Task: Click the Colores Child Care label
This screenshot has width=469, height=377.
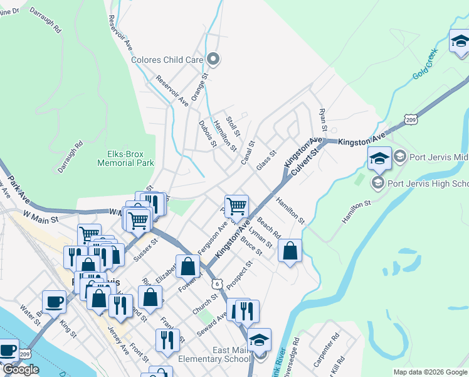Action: tap(167, 60)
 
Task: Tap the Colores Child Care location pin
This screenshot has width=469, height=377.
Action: tap(214, 60)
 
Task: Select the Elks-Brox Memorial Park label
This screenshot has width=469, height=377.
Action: tap(126, 158)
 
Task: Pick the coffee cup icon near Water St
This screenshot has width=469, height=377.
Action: tap(54, 301)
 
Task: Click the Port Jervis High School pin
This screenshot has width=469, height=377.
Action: tap(378, 183)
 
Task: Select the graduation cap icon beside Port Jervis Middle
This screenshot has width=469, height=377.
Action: tap(379, 158)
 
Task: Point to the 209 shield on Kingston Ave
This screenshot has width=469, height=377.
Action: tap(411, 119)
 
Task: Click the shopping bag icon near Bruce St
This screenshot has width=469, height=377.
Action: tap(290, 251)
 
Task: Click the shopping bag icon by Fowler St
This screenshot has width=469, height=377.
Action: tap(187, 266)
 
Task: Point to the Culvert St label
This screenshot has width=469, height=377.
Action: tap(305, 156)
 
